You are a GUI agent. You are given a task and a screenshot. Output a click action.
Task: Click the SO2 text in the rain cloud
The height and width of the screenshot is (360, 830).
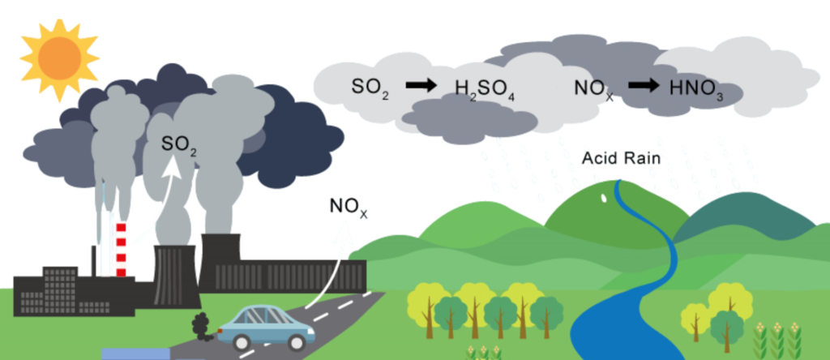point(370,86)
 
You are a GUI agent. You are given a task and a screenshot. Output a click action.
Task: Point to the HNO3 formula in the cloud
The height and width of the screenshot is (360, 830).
point(696,88)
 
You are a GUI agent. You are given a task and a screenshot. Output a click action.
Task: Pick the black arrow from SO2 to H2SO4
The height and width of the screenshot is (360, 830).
point(421,84)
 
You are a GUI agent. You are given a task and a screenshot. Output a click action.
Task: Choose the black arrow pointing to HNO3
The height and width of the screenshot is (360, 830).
point(644,84)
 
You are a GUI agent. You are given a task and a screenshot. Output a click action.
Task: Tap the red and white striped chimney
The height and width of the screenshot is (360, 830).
point(121,247)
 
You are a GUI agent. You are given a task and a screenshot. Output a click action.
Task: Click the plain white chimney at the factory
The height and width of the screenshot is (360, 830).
point(106,243)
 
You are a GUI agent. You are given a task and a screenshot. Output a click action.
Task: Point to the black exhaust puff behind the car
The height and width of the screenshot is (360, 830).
point(199,326)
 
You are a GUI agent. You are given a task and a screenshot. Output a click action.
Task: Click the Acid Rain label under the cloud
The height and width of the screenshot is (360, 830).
point(622,159)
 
